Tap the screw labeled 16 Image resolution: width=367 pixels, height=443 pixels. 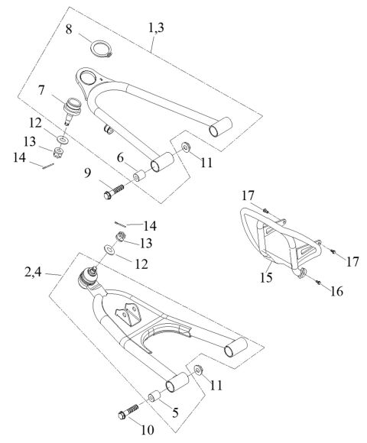click(x=317, y=283)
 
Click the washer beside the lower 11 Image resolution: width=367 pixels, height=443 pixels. click(x=197, y=370)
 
